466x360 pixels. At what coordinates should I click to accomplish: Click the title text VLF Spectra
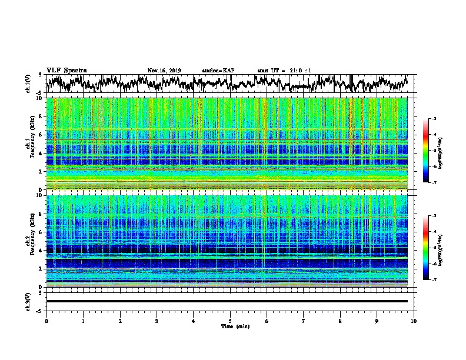66,71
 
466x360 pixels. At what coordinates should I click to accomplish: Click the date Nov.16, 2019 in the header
164,71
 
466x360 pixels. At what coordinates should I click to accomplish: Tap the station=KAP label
218,71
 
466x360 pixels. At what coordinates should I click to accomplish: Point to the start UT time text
284,71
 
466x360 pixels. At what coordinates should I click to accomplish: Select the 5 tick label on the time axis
231,321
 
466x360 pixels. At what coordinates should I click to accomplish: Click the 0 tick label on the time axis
46,321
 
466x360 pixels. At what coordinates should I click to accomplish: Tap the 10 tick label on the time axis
414,321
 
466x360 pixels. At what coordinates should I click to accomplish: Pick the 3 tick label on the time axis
157,321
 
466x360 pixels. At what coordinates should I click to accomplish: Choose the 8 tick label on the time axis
341,321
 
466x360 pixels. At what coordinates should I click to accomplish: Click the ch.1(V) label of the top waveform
28,84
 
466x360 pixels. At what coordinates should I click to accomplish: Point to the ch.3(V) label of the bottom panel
28,301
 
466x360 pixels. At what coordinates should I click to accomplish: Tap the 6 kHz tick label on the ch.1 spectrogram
39,135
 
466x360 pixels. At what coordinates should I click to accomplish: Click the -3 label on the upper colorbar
435,119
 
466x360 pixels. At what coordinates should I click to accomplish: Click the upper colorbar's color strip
426,151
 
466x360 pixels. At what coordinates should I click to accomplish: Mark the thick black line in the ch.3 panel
227,301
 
